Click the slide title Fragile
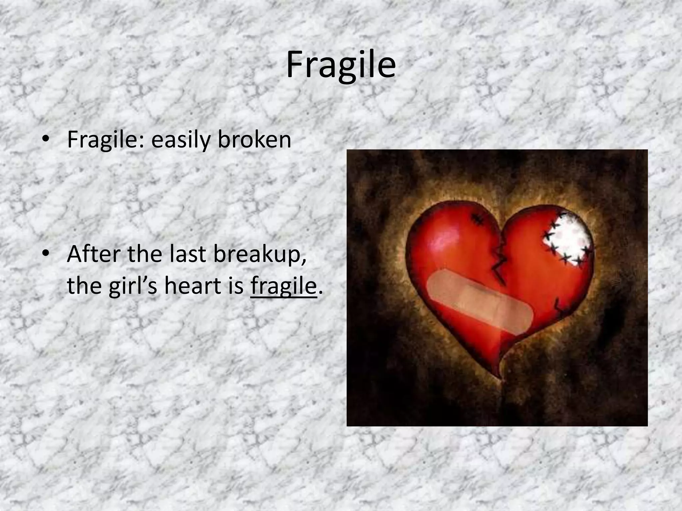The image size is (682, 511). pos(341,66)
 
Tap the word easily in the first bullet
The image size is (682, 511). pos(181,140)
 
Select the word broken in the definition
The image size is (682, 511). pos(254,140)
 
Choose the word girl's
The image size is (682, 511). pos(133,285)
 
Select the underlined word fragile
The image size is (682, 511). pos(283,286)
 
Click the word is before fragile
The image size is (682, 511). pos(236,285)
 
